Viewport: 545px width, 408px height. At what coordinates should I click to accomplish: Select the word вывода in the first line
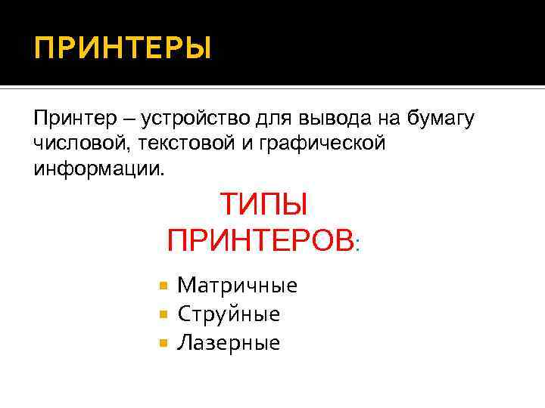pos(328,119)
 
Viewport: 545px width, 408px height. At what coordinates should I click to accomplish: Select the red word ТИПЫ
pos(263,204)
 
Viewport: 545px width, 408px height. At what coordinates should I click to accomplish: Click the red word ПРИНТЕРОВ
pos(260,241)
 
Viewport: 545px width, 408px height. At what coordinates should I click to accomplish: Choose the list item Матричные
pos(237,286)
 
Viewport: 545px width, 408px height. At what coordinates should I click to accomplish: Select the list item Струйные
pos(229,314)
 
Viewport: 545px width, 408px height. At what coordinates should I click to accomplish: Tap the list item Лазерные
pos(229,343)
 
